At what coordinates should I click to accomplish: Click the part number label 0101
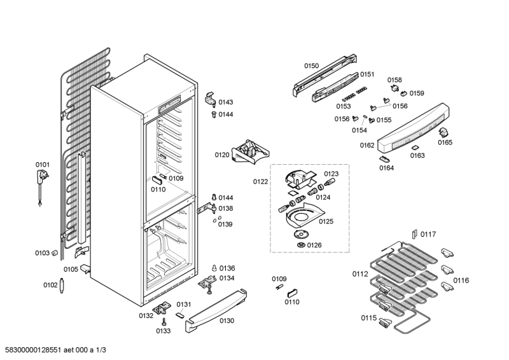(x=42, y=165)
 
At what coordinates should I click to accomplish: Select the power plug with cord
(x=42, y=181)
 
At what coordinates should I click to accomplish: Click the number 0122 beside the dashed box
(x=260, y=182)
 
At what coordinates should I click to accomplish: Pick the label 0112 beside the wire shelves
(x=360, y=275)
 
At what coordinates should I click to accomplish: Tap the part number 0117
(x=428, y=235)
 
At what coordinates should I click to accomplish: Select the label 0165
(x=445, y=142)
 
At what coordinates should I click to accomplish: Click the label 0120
(x=221, y=155)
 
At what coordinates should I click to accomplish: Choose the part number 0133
(x=163, y=331)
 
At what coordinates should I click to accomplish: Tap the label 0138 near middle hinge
(x=226, y=208)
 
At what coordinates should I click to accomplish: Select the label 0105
(x=70, y=269)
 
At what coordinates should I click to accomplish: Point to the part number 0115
(x=369, y=318)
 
